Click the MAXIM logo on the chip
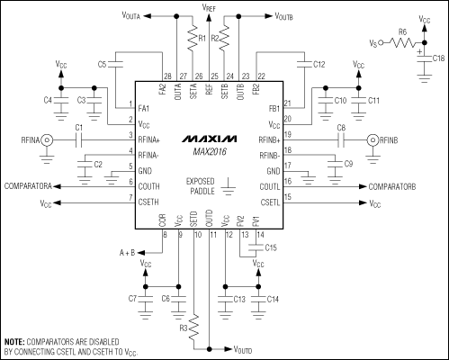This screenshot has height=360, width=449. point(209,140)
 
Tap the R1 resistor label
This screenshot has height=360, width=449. point(202,40)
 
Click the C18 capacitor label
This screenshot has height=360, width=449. point(437,58)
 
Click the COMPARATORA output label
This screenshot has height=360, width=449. point(33,185)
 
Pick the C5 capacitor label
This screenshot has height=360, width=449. point(103,65)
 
